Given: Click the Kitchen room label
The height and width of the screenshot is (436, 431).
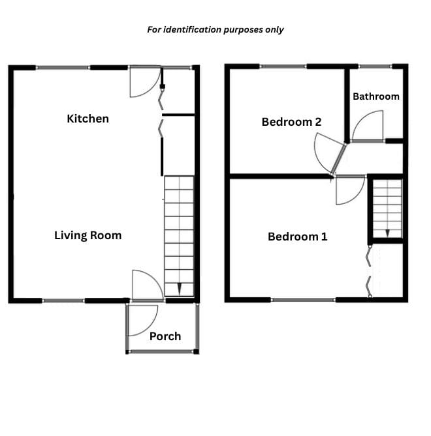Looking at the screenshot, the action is (88, 119).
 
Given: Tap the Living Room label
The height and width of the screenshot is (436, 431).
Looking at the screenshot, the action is (88, 235).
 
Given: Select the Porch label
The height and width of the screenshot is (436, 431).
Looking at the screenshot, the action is (165, 336).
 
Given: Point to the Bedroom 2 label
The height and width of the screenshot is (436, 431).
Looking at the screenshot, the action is (291, 122).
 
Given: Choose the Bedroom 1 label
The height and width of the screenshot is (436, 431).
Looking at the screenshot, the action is (298, 237).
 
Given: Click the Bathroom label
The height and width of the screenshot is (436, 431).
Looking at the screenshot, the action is (376, 96).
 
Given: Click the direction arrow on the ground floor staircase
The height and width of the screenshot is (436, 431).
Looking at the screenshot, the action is (179, 289).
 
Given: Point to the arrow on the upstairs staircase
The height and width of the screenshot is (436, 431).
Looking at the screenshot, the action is (387, 233).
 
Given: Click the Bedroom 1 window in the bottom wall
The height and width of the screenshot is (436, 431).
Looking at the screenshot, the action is (303, 300).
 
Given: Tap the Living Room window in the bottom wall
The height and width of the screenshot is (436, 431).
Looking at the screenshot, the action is (63, 300).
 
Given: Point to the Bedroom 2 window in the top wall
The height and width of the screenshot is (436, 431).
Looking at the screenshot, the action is (283, 66).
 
